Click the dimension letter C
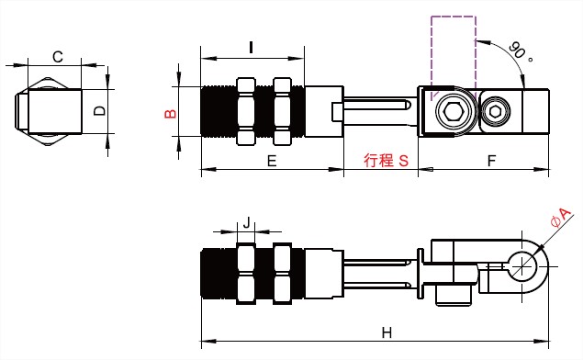[x=58, y=57]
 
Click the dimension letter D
[x=99, y=110]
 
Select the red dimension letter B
[x=170, y=114]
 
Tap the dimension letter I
[x=252, y=47]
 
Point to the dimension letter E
[x=272, y=161]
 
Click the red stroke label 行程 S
[x=386, y=161]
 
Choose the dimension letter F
[x=491, y=161]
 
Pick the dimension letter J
[x=246, y=223]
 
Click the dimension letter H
[x=387, y=332]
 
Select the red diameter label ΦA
[x=561, y=218]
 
